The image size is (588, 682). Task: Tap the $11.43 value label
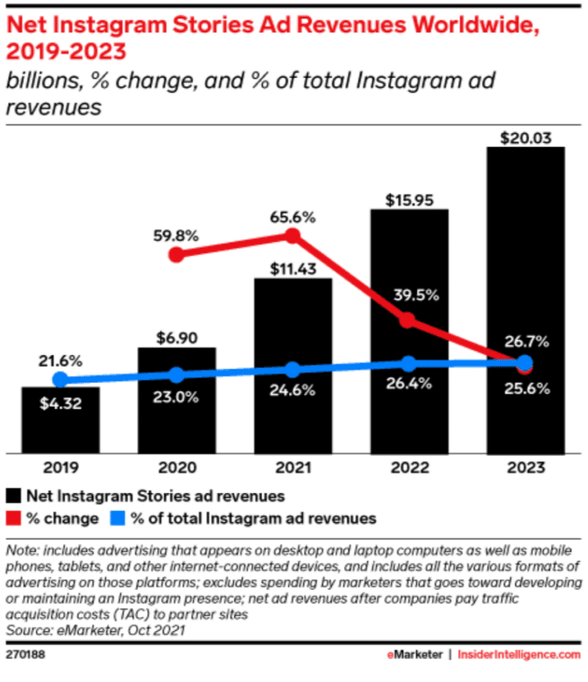coord(292,269)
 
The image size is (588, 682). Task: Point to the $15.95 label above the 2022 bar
coord(409,198)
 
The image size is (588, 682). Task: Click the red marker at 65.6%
coord(292,235)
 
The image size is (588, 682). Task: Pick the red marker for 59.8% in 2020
coord(176,254)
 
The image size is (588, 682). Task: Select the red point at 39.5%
coord(409,320)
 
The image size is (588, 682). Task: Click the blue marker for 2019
coord(60,379)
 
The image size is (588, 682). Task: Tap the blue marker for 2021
coord(292,369)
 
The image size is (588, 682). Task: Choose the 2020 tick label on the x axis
coord(176,466)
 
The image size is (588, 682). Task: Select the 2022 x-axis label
coord(409,466)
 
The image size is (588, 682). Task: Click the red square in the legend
coord(14,519)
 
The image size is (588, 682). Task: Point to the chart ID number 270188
coord(24,654)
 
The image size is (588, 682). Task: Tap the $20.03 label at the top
coord(525,138)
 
